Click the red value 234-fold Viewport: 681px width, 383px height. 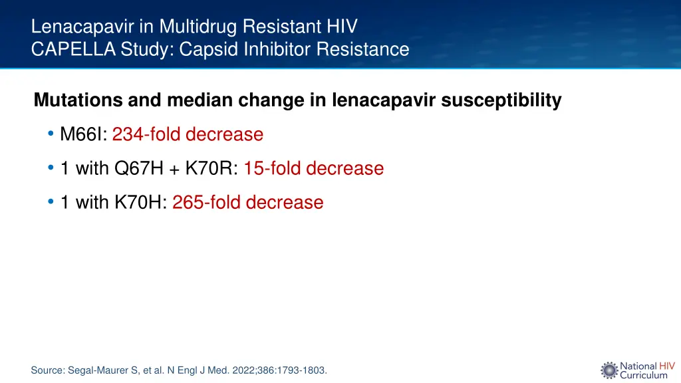146,135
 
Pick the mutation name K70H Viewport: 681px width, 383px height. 139,203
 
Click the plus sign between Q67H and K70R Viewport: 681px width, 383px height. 174,170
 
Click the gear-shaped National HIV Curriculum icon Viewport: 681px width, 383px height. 609,370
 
